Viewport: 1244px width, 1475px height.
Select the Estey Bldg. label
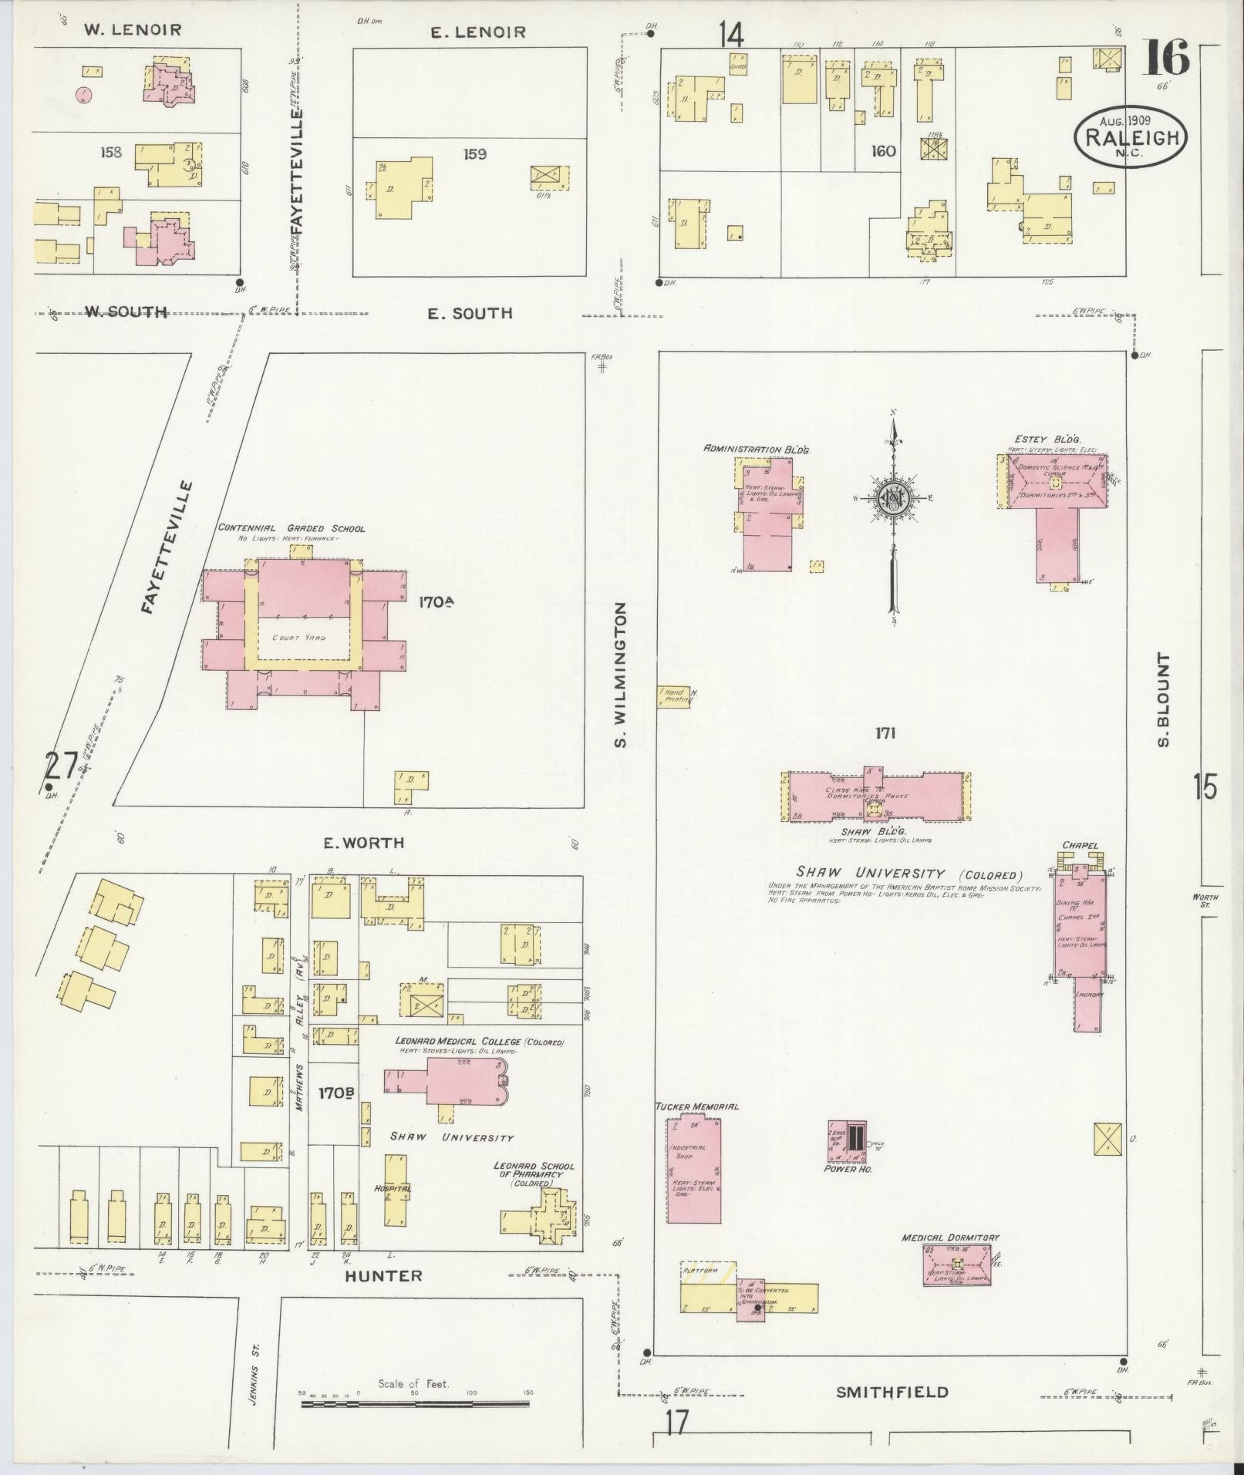click(x=1047, y=439)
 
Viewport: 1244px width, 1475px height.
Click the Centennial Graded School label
click(x=292, y=528)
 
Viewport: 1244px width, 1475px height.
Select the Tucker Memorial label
click(x=696, y=1106)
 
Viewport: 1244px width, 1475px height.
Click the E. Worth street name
click(x=363, y=844)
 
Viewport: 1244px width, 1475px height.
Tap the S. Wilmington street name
click(x=622, y=675)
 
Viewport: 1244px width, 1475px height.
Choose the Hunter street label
click(x=383, y=1275)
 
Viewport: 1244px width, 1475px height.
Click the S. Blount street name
click(x=1164, y=699)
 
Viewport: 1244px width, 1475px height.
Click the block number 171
click(x=885, y=732)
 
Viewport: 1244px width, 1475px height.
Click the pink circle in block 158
click(x=83, y=96)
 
